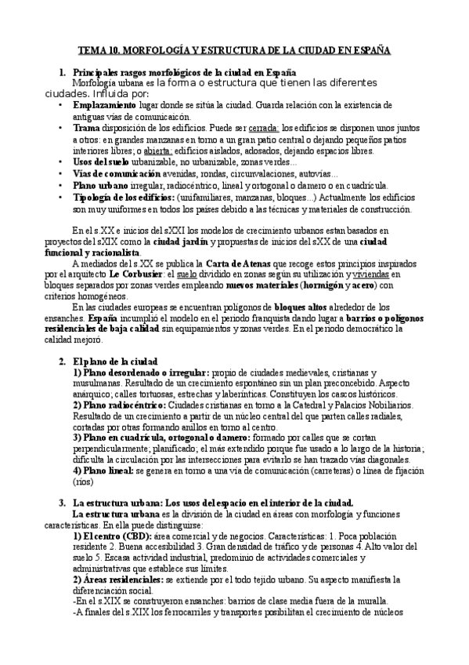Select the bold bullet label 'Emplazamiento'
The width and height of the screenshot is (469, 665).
pos(104,104)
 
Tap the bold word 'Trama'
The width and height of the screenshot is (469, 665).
pos(86,127)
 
